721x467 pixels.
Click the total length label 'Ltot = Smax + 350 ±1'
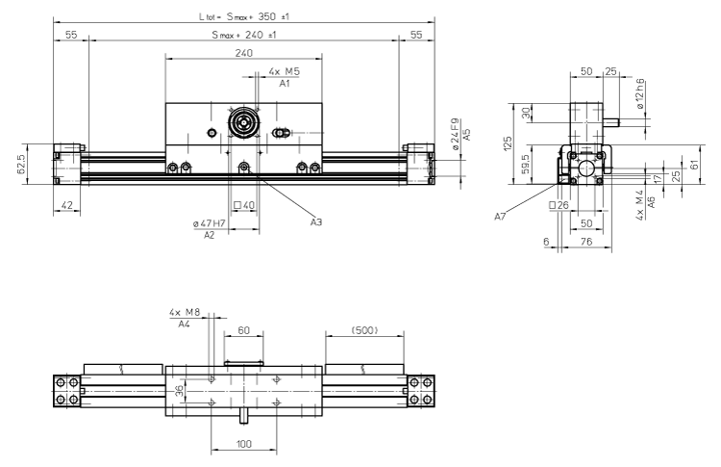(x=243, y=15)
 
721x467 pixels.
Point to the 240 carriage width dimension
(x=243, y=54)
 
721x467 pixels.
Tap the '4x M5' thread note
(x=284, y=72)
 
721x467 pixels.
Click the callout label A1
(x=284, y=85)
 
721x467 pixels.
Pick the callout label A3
(x=316, y=222)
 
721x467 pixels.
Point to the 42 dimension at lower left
(x=66, y=205)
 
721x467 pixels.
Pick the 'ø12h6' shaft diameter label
(x=643, y=95)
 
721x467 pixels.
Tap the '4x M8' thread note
(x=184, y=313)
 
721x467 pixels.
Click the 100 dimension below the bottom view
(x=243, y=445)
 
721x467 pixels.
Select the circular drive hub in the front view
(x=243, y=126)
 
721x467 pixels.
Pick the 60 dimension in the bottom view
(x=243, y=331)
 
